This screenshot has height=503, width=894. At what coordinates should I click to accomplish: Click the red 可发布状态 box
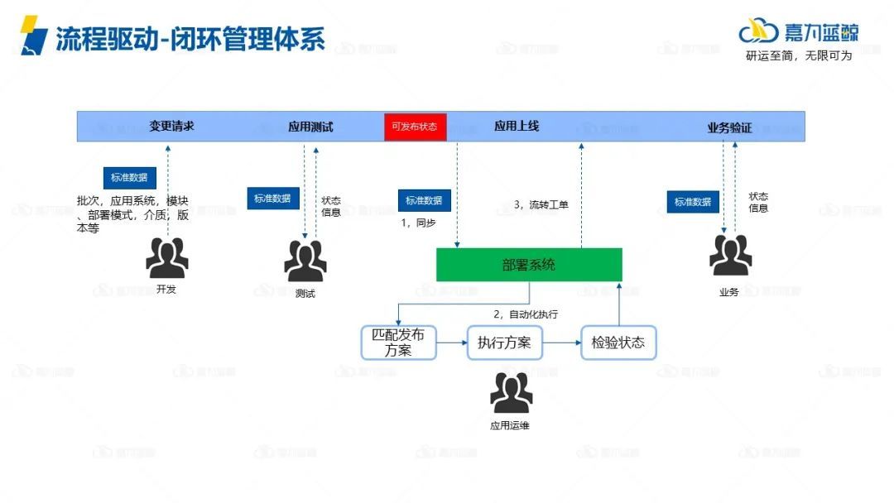[415, 127]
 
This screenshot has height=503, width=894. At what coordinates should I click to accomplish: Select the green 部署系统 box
[529, 265]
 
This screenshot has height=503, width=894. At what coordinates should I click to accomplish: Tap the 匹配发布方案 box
[398, 343]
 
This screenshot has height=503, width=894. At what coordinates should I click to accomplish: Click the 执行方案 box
[504, 343]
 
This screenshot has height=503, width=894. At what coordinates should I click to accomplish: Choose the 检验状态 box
[618, 343]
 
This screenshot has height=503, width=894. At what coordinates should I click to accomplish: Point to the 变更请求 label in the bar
[172, 127]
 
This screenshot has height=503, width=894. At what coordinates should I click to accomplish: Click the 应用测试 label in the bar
[310, 127]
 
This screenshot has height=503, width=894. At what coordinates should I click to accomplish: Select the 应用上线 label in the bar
[517, 127]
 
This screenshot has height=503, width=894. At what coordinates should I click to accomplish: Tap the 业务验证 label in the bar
[729, 127]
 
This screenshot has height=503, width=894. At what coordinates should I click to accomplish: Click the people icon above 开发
[166, 257]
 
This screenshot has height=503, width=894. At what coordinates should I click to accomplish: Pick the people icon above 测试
[305, 261]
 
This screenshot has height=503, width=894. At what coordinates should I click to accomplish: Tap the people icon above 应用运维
[511, 394]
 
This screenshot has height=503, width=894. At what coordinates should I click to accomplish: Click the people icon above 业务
[730, 256]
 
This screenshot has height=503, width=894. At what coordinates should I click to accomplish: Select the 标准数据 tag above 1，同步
[425, 200]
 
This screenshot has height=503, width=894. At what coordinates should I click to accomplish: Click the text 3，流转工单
[541, 204]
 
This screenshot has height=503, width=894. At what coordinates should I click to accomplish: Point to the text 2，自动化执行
[526, 314]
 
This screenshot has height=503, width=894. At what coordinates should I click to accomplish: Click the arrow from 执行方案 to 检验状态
[561, 343]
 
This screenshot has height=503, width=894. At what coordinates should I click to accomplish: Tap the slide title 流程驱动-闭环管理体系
[190, 39]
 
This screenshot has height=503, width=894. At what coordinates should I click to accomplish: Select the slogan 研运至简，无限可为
[799, 56]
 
